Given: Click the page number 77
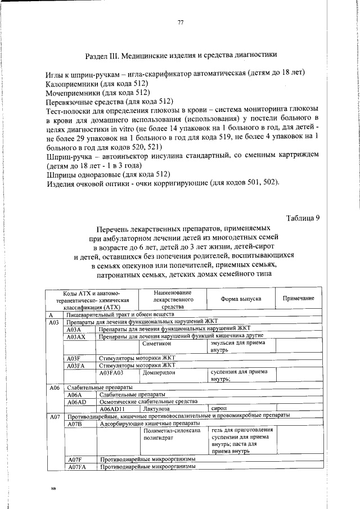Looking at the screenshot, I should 181,22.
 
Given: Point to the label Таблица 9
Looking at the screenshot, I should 303,218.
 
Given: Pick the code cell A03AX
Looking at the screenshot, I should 76,336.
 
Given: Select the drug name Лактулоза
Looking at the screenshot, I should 157,409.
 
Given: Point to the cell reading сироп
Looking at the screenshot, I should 218,409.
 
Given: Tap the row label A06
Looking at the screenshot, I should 55,388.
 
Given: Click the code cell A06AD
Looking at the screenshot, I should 76,402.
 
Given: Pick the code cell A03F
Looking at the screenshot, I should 74,358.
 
